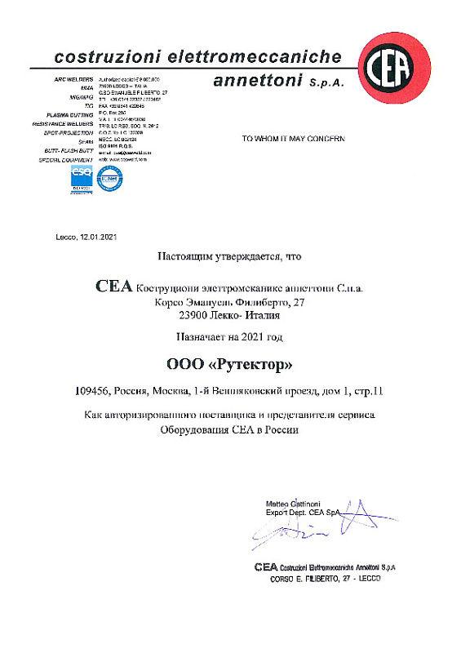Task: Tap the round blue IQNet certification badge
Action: click(x=108, y=177)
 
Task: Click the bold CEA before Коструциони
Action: click(x=113, y=287)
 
